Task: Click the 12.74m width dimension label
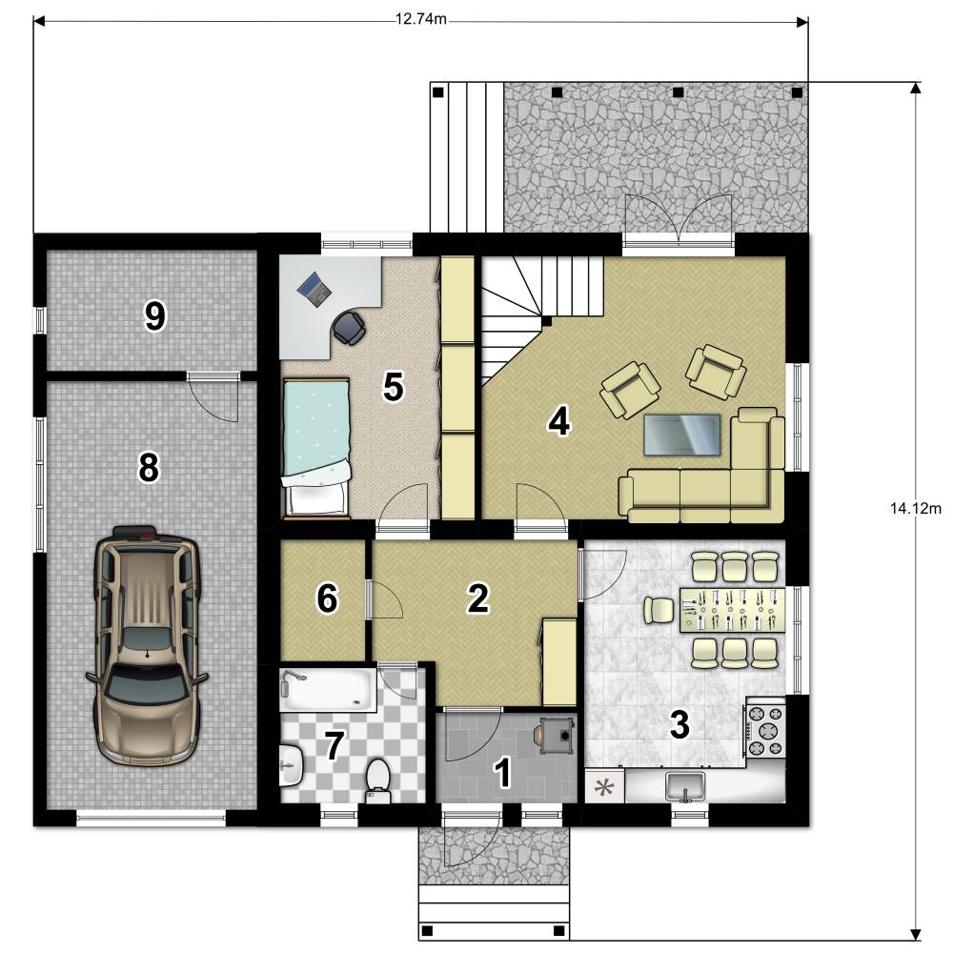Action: point(420,19)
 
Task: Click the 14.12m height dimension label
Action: point(915,508)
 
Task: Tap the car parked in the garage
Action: point(148,645)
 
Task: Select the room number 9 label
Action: point(154,316)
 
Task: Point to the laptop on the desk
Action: point(314,289)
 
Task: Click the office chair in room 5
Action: point(349,327)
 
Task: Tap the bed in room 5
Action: point(316,449)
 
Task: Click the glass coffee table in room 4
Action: point(682,434)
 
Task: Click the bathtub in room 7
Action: point(328,690)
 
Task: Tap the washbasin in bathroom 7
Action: point(292,766)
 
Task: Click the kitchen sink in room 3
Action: point(685,786)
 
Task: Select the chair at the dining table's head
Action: point(659,610)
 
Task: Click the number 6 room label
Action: point(327,598)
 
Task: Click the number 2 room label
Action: point(477,598)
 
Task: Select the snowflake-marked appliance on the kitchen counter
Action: point(604,787)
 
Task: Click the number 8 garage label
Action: point(149,468)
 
